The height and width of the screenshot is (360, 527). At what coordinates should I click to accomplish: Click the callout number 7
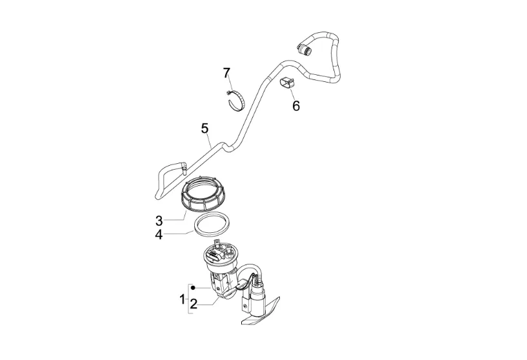(226, 73)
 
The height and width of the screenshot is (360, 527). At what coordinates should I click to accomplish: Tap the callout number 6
(296, 106)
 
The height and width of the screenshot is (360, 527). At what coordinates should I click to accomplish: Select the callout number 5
(204, 128)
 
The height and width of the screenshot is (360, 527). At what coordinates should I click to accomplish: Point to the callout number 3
(159, 221)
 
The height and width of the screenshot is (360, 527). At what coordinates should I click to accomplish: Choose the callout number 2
(193, 303)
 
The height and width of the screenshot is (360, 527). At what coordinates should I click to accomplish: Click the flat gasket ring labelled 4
(211, 225)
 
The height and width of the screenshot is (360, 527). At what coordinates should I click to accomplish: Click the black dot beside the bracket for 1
(193, 286)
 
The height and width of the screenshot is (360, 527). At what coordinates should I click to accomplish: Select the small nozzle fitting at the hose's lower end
(183, 166)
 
